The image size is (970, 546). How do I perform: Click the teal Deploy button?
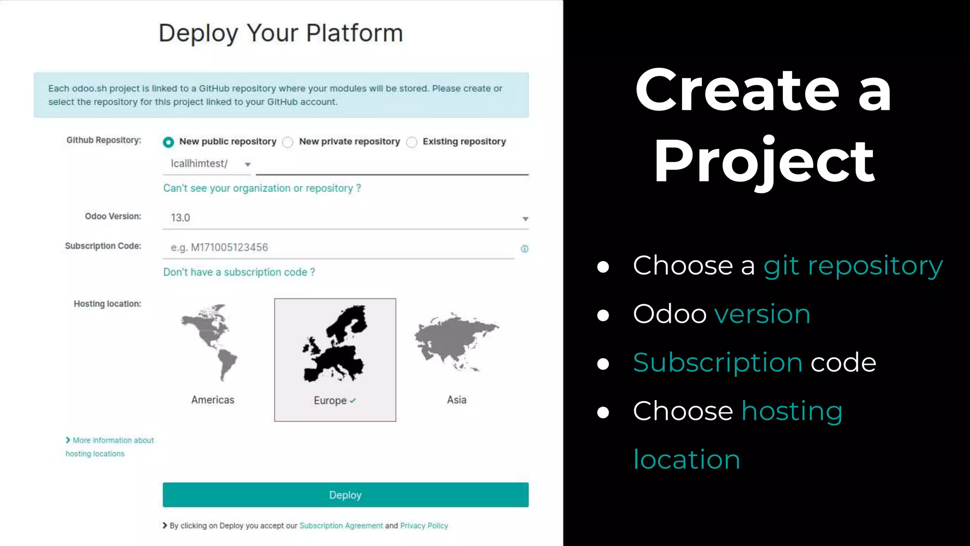tap(345, 495)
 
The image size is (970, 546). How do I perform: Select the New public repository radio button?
tap(168, 142)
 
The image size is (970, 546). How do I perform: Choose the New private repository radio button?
tap(287, 142)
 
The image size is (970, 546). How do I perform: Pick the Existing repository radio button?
tap(412, 142)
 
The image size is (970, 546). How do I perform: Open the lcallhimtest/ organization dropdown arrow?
tap(247, 164)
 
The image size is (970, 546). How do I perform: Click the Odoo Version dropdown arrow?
tap(525, 218)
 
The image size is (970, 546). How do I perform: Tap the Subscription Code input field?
tap(338, 247)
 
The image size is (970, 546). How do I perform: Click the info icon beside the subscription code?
tap(524, 249)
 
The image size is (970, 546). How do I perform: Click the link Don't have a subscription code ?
tap(239, 272)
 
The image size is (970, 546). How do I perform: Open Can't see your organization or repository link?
tap(262, 188)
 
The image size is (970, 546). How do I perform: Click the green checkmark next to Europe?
tap(353, 400)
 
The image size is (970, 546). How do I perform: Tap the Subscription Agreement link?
tap(341, 526)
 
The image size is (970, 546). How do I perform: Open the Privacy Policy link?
tap(424, 526)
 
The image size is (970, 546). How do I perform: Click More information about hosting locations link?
tap(109, 446)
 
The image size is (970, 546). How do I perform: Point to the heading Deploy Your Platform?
tap(280, 33)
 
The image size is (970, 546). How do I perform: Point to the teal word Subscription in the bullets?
tap(717, 363)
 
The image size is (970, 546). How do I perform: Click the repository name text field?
tap(392, 165)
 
